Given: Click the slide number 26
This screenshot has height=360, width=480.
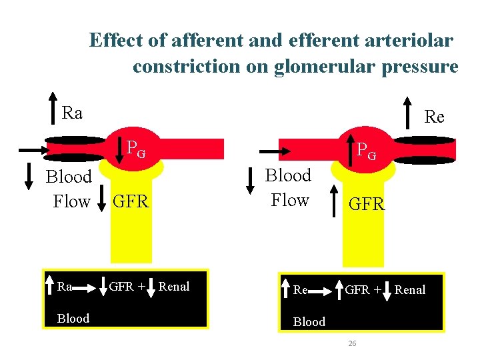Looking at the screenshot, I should tap(353, 343).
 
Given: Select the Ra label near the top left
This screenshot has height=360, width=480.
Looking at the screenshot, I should tap(72, 113).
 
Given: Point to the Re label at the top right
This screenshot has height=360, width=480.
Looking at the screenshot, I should tap(434, 117).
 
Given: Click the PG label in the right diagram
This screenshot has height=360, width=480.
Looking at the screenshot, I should tap(366, 152).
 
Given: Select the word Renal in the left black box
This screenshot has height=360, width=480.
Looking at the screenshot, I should tap(174, 287).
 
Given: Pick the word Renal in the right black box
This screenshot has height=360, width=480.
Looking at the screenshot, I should tap(410, 290).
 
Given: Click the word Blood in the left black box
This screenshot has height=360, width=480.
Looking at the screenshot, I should tap(73, 318).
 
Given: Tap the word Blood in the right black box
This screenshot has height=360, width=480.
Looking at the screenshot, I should tap(309, 321).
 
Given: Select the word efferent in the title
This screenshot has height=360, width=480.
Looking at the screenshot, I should tap(323, 41).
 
